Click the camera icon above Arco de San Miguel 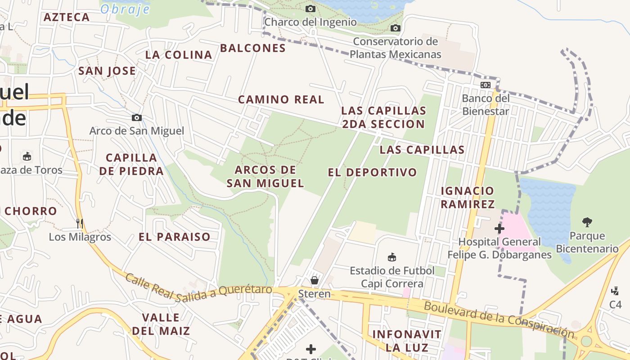tap(137, 118)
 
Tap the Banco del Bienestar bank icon tap(485, 85)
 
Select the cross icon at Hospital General tap(499, 229)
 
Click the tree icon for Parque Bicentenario tap(587, 222)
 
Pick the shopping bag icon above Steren tap(315, 280)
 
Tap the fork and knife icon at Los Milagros tap(80, 223)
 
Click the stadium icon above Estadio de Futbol tap(392, 257)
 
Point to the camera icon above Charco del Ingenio tap(310, 9)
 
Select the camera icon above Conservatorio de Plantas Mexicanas tap(395, 28)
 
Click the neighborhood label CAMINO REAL tap(281, 99)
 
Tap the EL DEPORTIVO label tap(372, 172)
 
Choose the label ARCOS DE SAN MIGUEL tap(265, 176)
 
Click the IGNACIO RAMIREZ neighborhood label tap(468, 197)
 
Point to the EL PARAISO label tap(174, 237)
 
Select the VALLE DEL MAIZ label tap(161, 324)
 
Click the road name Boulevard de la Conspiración tap(499, 319)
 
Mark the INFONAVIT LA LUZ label tap(407, 341)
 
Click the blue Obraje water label tap(125, 9)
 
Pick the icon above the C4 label tap(615, 291)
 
